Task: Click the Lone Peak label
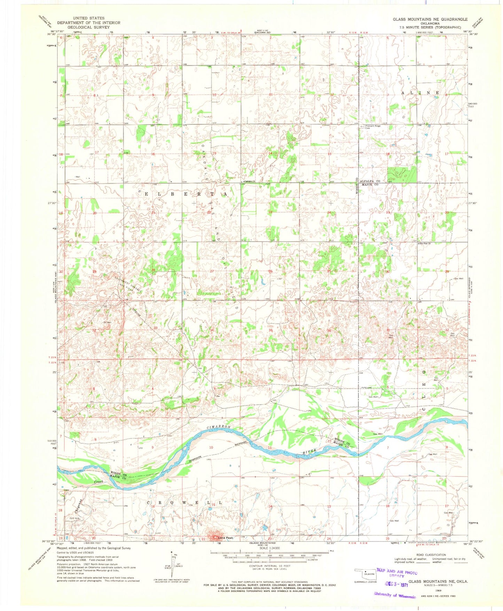click(x=225, y=538)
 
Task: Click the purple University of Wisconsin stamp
click(x=395, y=595)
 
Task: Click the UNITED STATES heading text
click(x=88, y=18)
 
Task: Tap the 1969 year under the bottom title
click(x=438, y=590)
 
